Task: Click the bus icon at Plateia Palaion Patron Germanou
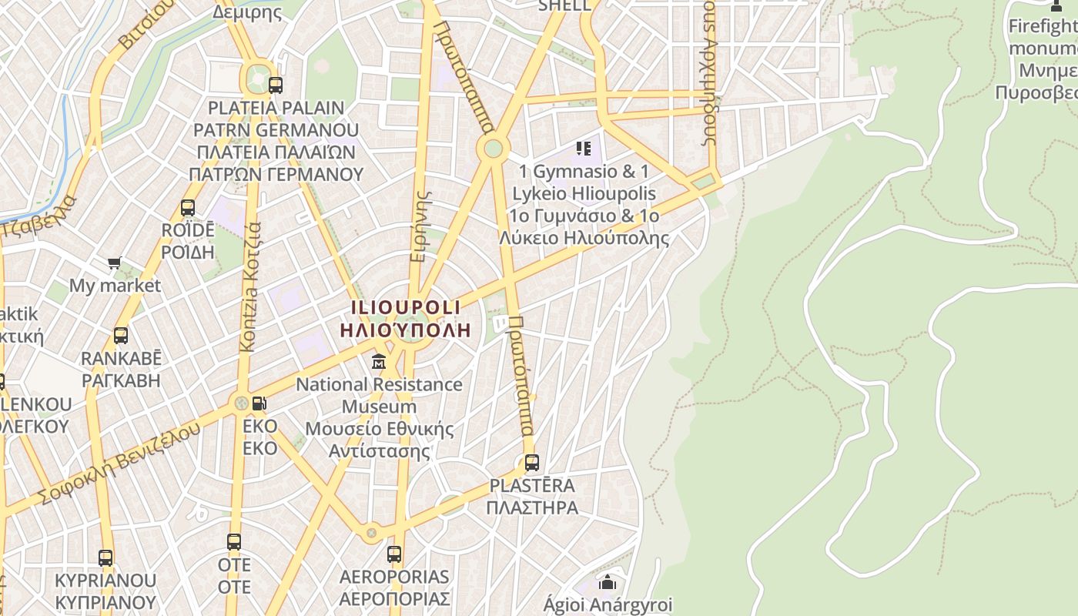click(275, 85)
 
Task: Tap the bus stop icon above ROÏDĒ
click(188, 208)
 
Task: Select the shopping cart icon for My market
click(115, 263)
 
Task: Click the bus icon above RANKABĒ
click(121, 336)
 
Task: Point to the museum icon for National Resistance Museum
click(379, 361)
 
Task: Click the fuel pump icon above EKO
click(260, 403)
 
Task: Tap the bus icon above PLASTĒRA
click(531, 463)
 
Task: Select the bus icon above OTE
click(234, 542)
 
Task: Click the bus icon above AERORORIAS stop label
click(394, 554)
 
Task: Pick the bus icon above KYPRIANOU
click(105, 557)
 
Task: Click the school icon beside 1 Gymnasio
click(583, 148)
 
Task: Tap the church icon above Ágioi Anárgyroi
click(608, 582)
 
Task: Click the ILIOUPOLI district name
click(406, 307)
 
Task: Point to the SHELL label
click(564, 5)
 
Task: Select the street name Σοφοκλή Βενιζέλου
click(121, 463)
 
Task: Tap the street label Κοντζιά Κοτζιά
click(250, 288)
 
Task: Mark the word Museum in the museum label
click(379, 407)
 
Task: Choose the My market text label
click(115, 286)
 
